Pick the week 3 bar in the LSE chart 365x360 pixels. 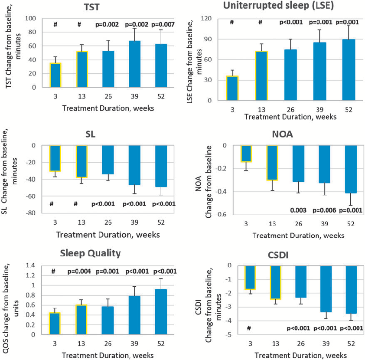(232, 88)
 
